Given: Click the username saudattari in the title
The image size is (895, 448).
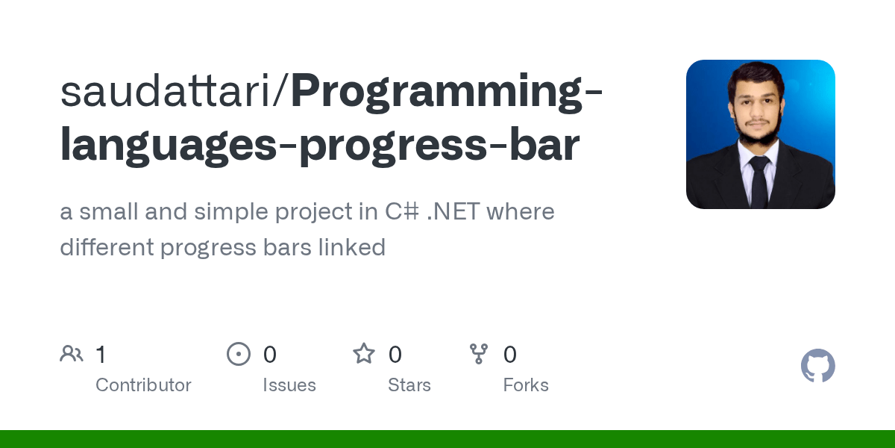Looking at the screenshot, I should coord(170,91).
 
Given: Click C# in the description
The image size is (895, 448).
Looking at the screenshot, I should coord(403,212).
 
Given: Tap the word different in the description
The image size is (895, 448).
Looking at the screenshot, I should coord(107,247).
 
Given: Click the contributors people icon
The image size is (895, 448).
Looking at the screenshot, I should coord(72,354).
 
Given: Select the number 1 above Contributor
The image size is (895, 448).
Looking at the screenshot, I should coord(101,355).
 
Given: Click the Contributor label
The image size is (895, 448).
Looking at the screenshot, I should coord(143,385).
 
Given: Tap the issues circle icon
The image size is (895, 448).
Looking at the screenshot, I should coord(239,354).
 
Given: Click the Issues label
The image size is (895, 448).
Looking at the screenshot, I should coord(289,385).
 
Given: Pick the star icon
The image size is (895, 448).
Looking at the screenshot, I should coord(364,354).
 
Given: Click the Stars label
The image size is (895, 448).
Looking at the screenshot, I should coord(409,385).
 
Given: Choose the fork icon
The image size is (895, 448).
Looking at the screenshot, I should coord(479,354).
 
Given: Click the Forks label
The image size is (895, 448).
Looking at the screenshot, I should coord(526,385).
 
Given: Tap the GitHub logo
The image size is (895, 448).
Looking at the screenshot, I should coord(818,366).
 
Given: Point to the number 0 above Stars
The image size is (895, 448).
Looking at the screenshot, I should coord(395,355).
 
